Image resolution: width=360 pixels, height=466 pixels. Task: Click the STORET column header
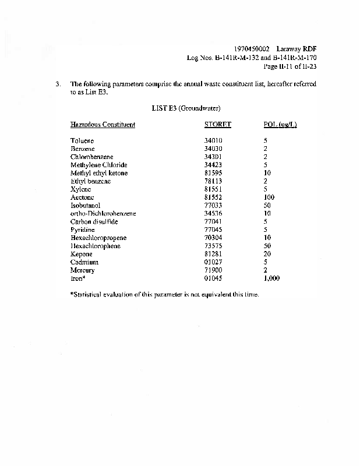218,125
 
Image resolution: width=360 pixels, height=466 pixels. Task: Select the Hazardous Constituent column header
103,125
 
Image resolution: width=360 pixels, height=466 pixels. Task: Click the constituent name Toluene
82,141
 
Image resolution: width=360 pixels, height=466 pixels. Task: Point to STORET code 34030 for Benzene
214,149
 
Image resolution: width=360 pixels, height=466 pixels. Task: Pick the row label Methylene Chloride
98,165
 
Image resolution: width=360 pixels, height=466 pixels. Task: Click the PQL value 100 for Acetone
269,197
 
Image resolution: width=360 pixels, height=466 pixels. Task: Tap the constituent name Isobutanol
86,206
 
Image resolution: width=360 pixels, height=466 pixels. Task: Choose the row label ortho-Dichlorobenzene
103,214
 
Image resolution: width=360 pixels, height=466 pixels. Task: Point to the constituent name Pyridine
83,230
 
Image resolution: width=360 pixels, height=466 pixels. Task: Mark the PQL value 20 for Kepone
267,254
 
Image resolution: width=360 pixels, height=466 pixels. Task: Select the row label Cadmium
84,262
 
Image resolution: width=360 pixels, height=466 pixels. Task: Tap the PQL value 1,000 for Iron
271,278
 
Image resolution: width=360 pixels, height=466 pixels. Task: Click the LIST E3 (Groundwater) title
186,108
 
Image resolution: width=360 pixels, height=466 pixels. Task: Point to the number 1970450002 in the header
250,50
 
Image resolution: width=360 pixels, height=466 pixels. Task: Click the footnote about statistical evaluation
164,294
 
